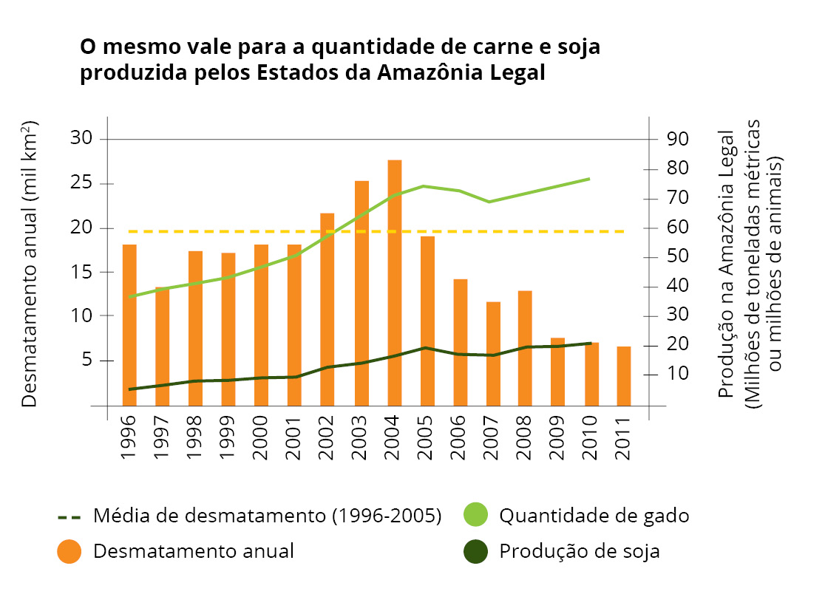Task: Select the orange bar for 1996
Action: pos(129,324)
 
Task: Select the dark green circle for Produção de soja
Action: pos(475,551)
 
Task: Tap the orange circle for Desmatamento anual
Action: pos(69,551)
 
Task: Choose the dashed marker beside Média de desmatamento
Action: pos(69,516)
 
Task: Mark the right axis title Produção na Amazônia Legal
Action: pos(727,266)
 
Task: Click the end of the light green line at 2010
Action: pos(589,179)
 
